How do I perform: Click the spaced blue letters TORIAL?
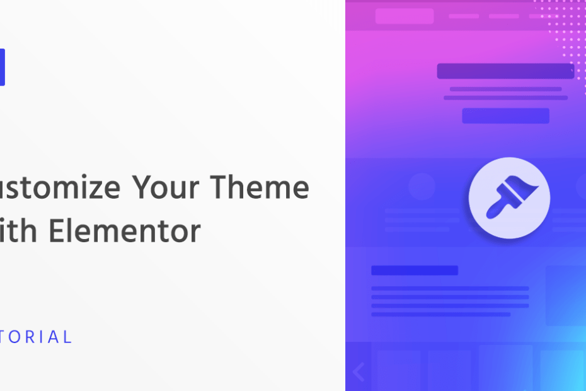[37, 337]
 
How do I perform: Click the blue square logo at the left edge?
[2, 67]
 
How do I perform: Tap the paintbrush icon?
[509, 197]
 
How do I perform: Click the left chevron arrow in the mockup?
[359, 372]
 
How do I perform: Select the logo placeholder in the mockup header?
[404, 16]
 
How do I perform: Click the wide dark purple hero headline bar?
[505, 71]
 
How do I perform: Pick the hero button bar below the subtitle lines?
[505, 115]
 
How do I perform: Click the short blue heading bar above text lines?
[414, 270]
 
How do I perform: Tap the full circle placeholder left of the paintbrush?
[422, 187]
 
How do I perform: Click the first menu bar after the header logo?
[463, 16]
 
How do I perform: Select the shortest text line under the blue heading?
[440, 314]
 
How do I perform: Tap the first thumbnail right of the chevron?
[398, 369]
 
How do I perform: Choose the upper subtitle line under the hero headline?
[505, 89]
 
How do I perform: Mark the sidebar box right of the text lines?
[565, 295]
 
